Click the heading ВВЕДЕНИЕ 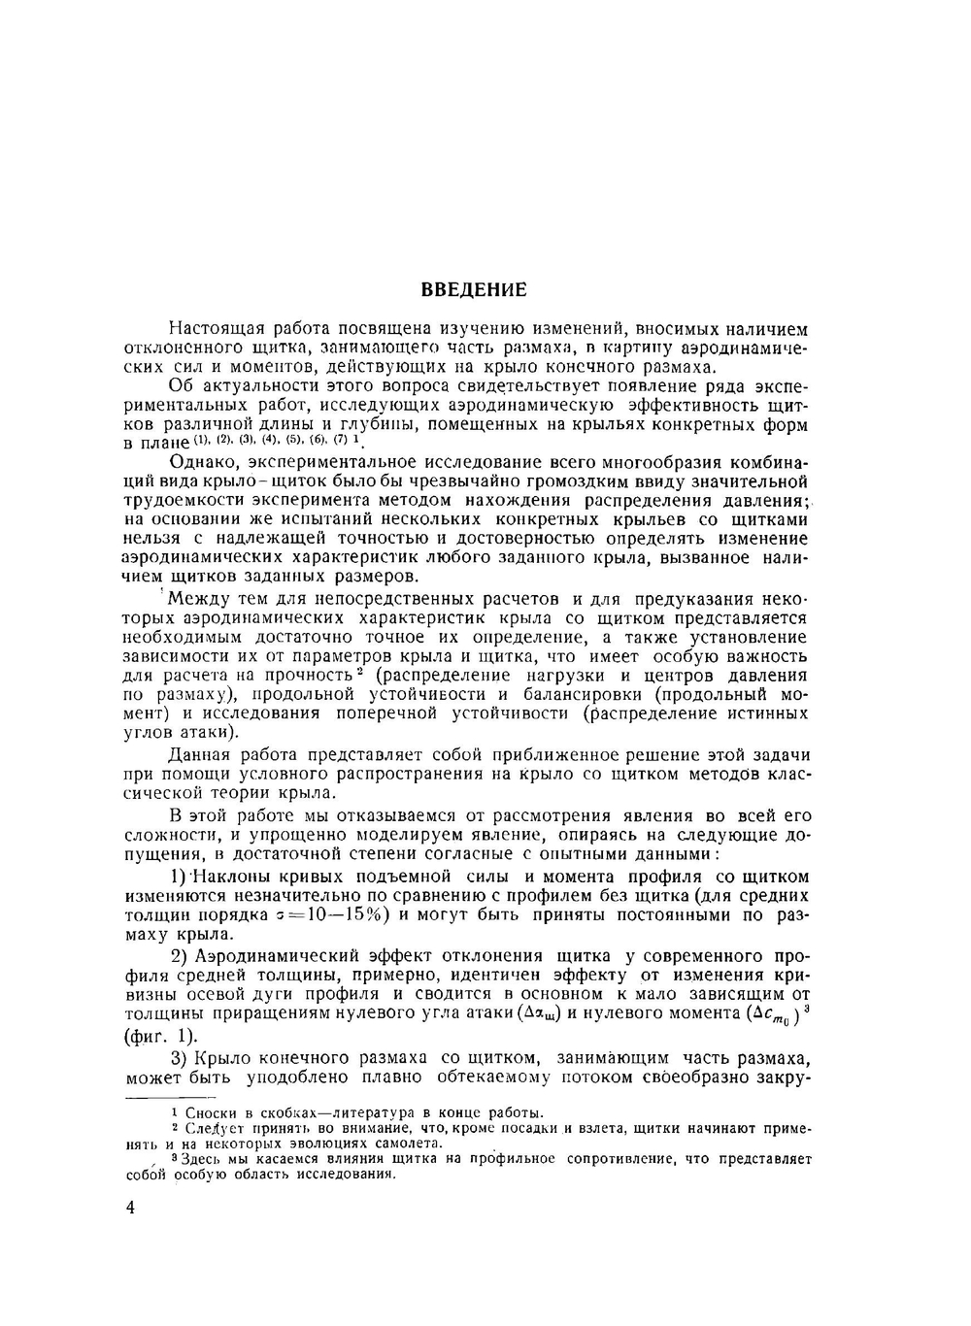tap(475, 289)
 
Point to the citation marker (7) tap(340, 440)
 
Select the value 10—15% tap(345, 914)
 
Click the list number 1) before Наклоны tap(178, 877)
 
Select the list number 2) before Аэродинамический tap(179, 955)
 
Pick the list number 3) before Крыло tap(179, 1057)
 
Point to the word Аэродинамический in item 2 tap(277, 955)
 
